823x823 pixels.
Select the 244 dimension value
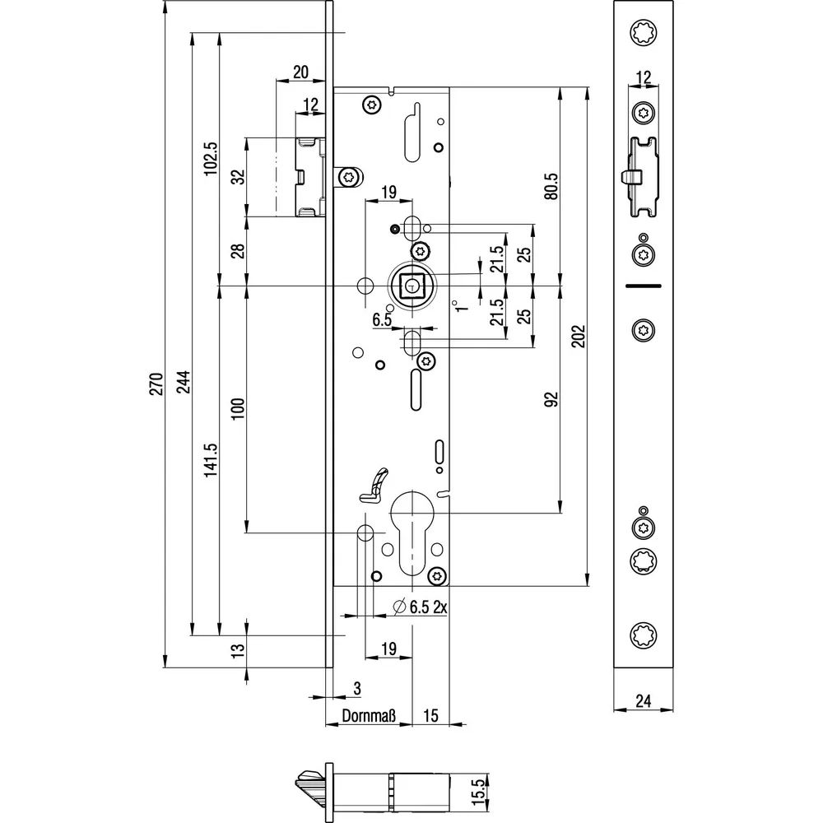[x=184, y=384]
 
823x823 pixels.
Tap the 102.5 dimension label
[x=211, y=159]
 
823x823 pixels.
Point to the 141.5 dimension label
[x=211, y=460]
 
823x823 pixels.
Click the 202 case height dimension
[x=578, y=337]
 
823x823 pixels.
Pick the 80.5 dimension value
[x=551, y=186]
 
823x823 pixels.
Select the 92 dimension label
[x=551, y=399]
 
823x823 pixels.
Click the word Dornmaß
[x=369, y=715]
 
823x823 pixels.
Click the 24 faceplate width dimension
[x=643, y=700]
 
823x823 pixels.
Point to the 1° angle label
[x=460, y=306]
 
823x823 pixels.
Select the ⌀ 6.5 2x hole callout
[x=420, y=607]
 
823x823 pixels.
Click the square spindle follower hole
[x=413, y=286]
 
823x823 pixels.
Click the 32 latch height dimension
[x=239, y=177]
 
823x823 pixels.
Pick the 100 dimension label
[x=239, y=408]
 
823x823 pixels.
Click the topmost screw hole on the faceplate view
[x=644, y=34]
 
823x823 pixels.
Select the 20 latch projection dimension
[x=300, y=72]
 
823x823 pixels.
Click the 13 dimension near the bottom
[x=239, y=650]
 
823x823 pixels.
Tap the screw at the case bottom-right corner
[x=437, y=576]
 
